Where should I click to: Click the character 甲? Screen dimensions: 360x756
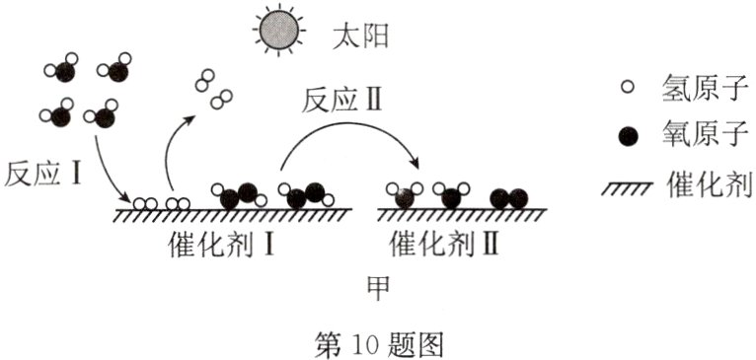[378, 286]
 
